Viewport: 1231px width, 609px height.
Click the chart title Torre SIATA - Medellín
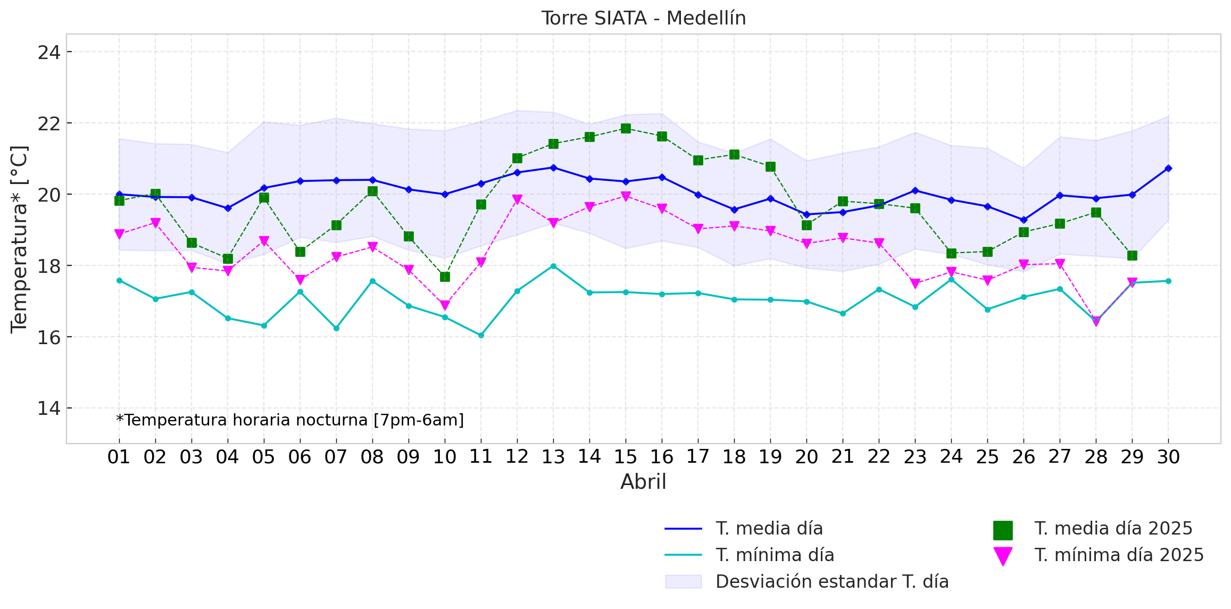(x=643, y=18)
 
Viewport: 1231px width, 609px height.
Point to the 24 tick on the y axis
(x=48, y=53)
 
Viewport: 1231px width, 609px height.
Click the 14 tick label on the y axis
(x=48, y=408)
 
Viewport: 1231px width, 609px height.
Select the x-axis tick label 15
(x=625, y=457)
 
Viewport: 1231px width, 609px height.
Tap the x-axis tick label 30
(x=1168, y=457)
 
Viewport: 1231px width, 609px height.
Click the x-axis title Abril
(x=643, y=482)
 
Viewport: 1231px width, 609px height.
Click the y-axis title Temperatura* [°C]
(x=19, y=239)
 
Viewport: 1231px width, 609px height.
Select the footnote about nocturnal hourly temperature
(x=290, y=420)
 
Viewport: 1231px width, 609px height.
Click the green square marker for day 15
(x=626, y=129)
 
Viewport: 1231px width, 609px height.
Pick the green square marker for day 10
(x=445, y=277)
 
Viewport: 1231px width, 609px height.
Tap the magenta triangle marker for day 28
(x=1096, y=321)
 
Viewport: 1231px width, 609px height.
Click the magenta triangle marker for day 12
(x=517, y=200)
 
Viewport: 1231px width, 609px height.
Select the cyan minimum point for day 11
(x=481, y=335)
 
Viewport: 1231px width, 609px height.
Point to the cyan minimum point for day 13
(x=553, y=266)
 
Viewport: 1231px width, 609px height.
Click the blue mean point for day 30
(x=1168, y=169)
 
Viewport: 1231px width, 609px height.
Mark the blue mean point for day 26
(x=1024, y=220)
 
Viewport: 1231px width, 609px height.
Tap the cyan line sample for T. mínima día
(x=683, y=555)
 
